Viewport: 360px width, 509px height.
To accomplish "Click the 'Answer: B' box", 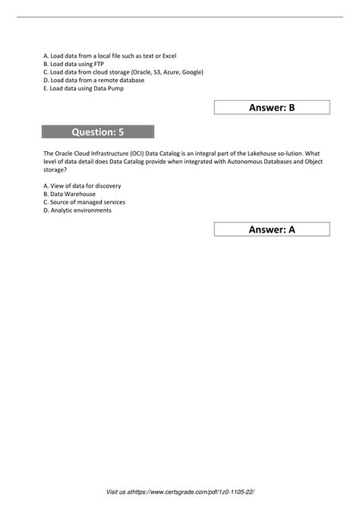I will (x=272, y=107).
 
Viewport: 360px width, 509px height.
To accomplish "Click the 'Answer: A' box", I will (x=272, y=229).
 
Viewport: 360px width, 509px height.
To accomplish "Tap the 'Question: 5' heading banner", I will (x=98, y=132).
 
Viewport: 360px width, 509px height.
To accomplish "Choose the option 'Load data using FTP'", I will (x=74, y=65).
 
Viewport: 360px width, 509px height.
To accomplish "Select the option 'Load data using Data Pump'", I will (x=84, y=88).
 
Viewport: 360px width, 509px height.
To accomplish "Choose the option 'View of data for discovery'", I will (x=83, y=185).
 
